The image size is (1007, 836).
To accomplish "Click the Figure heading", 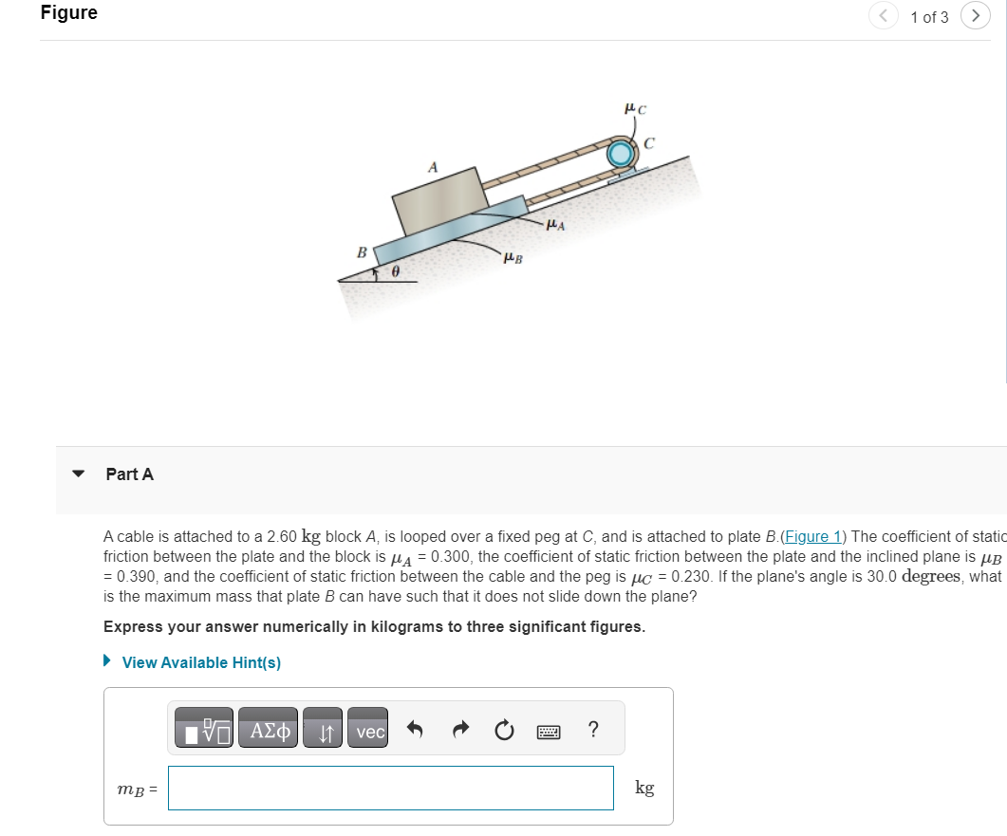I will (68, 13).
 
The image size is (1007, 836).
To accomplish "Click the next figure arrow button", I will (975, 16).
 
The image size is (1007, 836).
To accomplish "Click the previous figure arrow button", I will (882, 16).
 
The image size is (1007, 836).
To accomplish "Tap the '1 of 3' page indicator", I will (928, 17).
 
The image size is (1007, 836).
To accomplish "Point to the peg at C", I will (621, 153).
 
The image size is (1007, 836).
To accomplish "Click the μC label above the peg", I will (635, 109).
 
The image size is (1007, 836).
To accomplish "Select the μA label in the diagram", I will (557, 226).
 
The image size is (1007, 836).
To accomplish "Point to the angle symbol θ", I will (397, 273).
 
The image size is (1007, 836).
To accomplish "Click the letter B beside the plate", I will (361, 252).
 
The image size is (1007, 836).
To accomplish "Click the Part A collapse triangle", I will (80, 474).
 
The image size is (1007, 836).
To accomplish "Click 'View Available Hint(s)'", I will (200, 662).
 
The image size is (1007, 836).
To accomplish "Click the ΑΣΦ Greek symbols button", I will (268, 731).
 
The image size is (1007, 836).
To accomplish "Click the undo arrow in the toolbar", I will (415, 731).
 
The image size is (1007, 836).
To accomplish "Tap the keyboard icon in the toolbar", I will (550, 732).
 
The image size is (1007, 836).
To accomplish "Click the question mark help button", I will (593, 730).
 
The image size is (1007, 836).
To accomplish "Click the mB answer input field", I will (391, 788).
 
